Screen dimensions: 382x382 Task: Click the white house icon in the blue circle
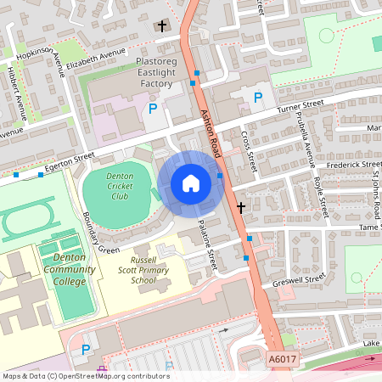(x=191, y=183)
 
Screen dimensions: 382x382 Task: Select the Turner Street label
(x=301, y=106)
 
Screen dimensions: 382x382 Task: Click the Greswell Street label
(x=300, y=278)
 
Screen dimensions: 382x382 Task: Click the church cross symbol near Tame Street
(x=241, y=207)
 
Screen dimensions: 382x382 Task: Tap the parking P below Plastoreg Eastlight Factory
(x=153, y=108)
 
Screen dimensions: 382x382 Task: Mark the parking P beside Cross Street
(x=257, y=98)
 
